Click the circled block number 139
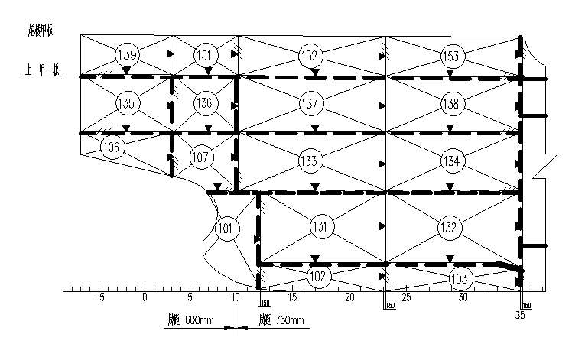pyautogui.click(x=127, y=55)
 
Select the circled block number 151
pyautogui.click(x=203, y=55)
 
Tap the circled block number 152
pyautogui.click(x=310, y=56)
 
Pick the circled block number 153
pyautogui.click(x=451, y=56)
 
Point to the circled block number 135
pyautogui.click(x=127, y=103)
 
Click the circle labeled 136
pyautogui.click(x=203, y=103)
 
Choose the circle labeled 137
pyautogui.click(x=309, y=103)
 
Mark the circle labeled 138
pyautogui.click(x=451, y=103)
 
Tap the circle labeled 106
pyautogui.click(x=112, y=148)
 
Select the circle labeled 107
pyautogui.click(x=200, y=158)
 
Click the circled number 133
pyautogui.click(x=309, y=161)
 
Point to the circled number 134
pyautogui.click(x=451, y=161)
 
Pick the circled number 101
pyautogui.click(x=226, y=229)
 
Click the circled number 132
pyautogui.click(x=449, y=227)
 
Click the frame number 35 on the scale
pyautogui.click(x=520, y=313)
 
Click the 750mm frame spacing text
pyautogui.click(x=281, y=321)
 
